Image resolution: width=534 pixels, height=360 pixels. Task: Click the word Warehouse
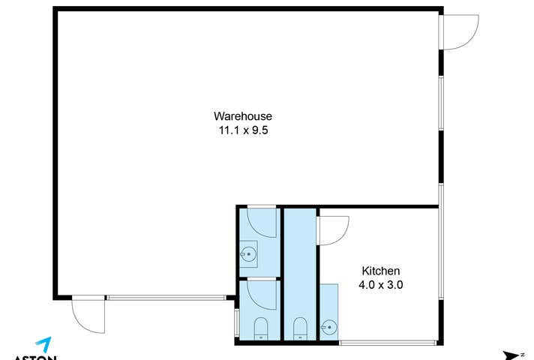tap(242, 116)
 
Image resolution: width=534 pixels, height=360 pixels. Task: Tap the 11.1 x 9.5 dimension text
tap(242, 129)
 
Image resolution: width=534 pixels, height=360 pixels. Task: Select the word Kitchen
tap(381, 271)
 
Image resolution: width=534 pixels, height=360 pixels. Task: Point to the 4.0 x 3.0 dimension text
tap(381, 284)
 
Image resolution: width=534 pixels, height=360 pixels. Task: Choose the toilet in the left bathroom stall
tap(261, 328)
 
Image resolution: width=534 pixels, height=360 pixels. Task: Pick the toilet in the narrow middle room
tap(300, 328)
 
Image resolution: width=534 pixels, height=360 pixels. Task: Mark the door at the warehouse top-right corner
tap(457, 32)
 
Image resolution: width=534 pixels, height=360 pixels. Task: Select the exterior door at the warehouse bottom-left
tap(89, 316)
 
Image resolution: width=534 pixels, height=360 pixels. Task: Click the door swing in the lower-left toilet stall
tap(262, 294)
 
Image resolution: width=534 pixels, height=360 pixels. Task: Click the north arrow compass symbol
tap(512, 355)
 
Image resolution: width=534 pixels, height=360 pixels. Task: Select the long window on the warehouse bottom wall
tap(166, 298)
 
